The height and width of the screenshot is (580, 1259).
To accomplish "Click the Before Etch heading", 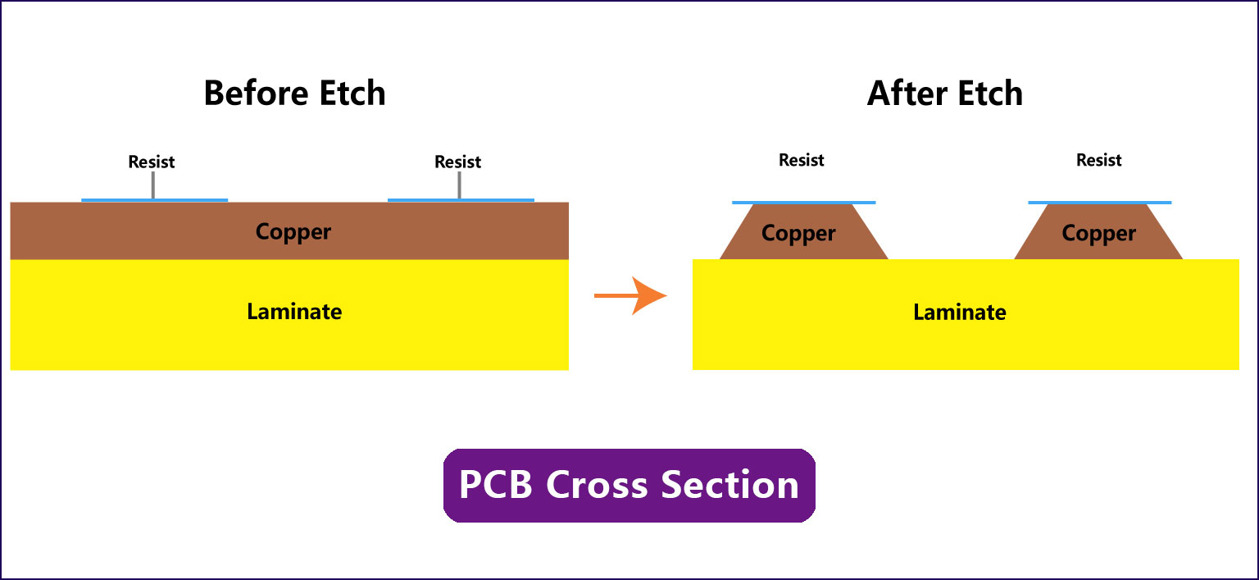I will click(294, 94).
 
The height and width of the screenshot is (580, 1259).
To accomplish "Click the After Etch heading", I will click(944, 94).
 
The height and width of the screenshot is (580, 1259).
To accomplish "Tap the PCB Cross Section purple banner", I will click(629, 485).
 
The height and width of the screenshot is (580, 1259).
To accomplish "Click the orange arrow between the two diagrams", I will click(630, 295).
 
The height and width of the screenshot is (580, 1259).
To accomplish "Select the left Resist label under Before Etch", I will click(152, 162).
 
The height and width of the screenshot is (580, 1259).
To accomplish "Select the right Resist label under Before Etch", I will click(457, 162).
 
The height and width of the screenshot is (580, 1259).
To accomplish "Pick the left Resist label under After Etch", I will click(801, 160).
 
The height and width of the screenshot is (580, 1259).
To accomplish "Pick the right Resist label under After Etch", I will click(1098, 160).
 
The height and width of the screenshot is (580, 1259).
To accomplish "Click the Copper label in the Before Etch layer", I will click(293, 232).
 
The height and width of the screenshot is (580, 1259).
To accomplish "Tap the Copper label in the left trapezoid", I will click(798, 234).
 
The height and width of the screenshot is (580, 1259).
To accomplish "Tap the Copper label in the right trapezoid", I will click(1098, 234).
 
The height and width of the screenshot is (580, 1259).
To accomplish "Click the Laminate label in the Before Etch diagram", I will click(294, 312).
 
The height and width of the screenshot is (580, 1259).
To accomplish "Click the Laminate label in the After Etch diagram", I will click(959, 313).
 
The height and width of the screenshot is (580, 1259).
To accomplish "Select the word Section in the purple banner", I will click(729, 485).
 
